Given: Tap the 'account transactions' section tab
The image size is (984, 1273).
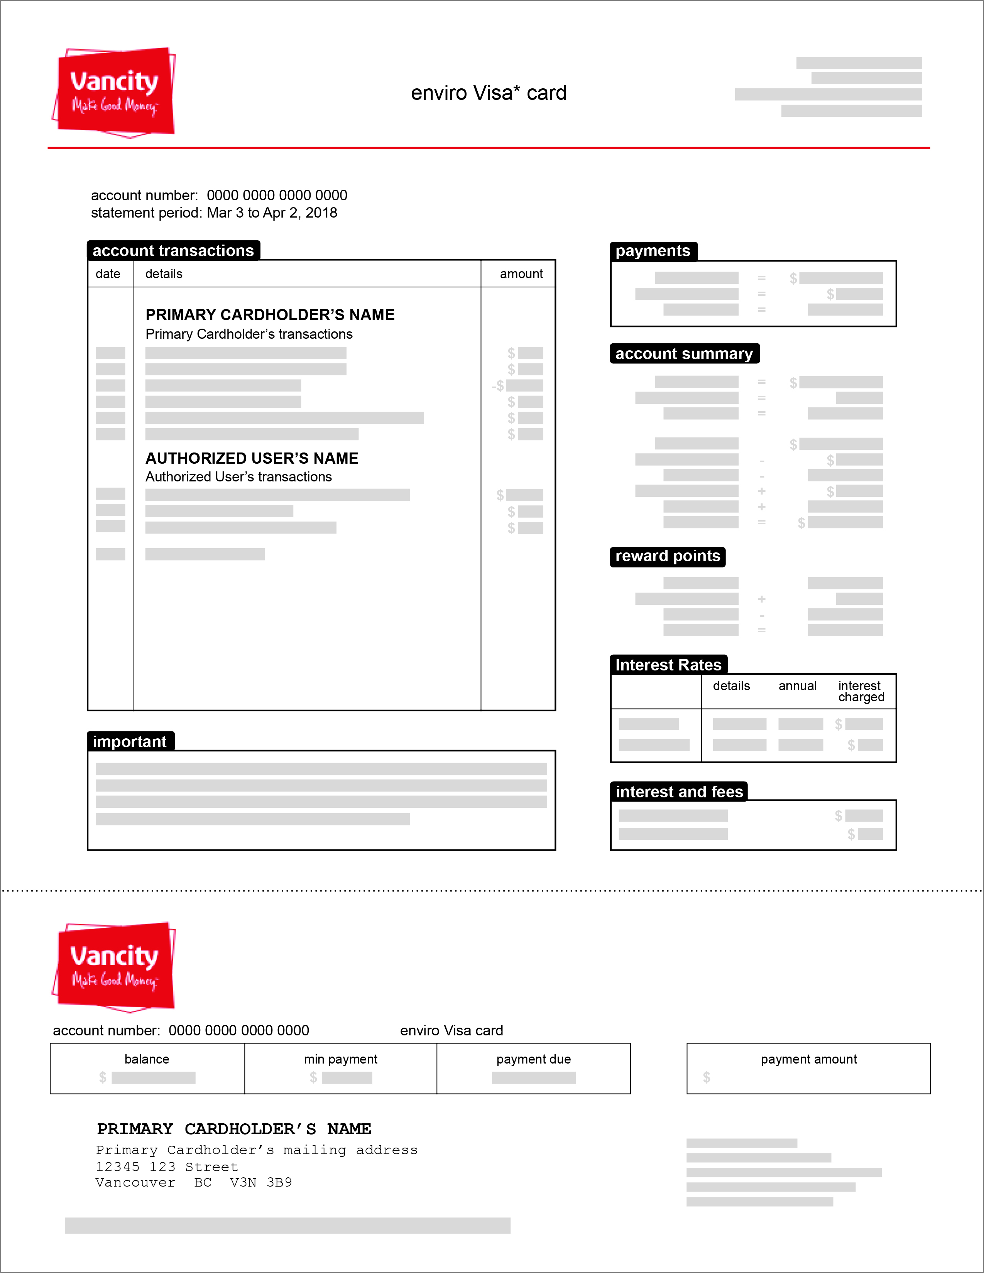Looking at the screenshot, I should [173, 251].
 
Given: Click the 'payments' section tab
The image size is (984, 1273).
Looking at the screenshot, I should [653, 251].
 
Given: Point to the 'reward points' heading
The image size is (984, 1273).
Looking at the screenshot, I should [668, 556].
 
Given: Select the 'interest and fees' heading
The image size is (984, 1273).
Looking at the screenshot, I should [679, 792].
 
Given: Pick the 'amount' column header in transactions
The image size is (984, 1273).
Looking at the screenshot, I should [521, 274].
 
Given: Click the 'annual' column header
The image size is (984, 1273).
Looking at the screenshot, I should [798, 686].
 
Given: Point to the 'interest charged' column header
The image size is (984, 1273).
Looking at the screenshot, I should [861, 691].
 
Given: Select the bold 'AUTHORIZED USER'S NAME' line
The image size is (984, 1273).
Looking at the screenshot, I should [252, 458].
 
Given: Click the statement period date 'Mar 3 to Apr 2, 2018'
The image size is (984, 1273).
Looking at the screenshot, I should [272, 213].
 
